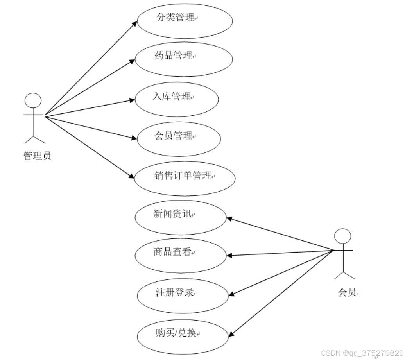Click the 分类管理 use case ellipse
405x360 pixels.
[185, 21]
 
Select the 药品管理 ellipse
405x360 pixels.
[184, 59]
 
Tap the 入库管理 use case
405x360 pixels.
[177, 99]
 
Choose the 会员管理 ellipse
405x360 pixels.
[179, 139]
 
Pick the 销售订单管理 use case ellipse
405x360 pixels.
[185, 179]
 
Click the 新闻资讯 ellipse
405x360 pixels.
[181, 217]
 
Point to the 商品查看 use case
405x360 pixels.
[181, 256]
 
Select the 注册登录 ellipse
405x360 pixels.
[183, 296]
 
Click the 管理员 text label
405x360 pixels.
[37, 156]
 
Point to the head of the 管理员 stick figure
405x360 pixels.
[33, 101]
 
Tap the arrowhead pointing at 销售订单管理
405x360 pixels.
[132, 177]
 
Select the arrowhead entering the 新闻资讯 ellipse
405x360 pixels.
[229, 219]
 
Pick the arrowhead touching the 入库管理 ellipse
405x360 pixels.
[132, 100]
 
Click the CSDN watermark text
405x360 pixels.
[362, 353]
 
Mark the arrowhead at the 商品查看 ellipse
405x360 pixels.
[229, 256]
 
